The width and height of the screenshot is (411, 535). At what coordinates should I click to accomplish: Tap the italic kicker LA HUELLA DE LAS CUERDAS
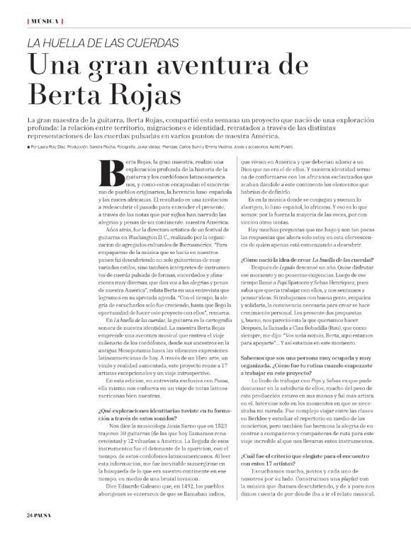103,42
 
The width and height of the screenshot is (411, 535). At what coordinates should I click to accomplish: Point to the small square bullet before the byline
28,146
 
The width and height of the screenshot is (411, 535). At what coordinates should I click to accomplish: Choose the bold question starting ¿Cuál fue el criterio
306,457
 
